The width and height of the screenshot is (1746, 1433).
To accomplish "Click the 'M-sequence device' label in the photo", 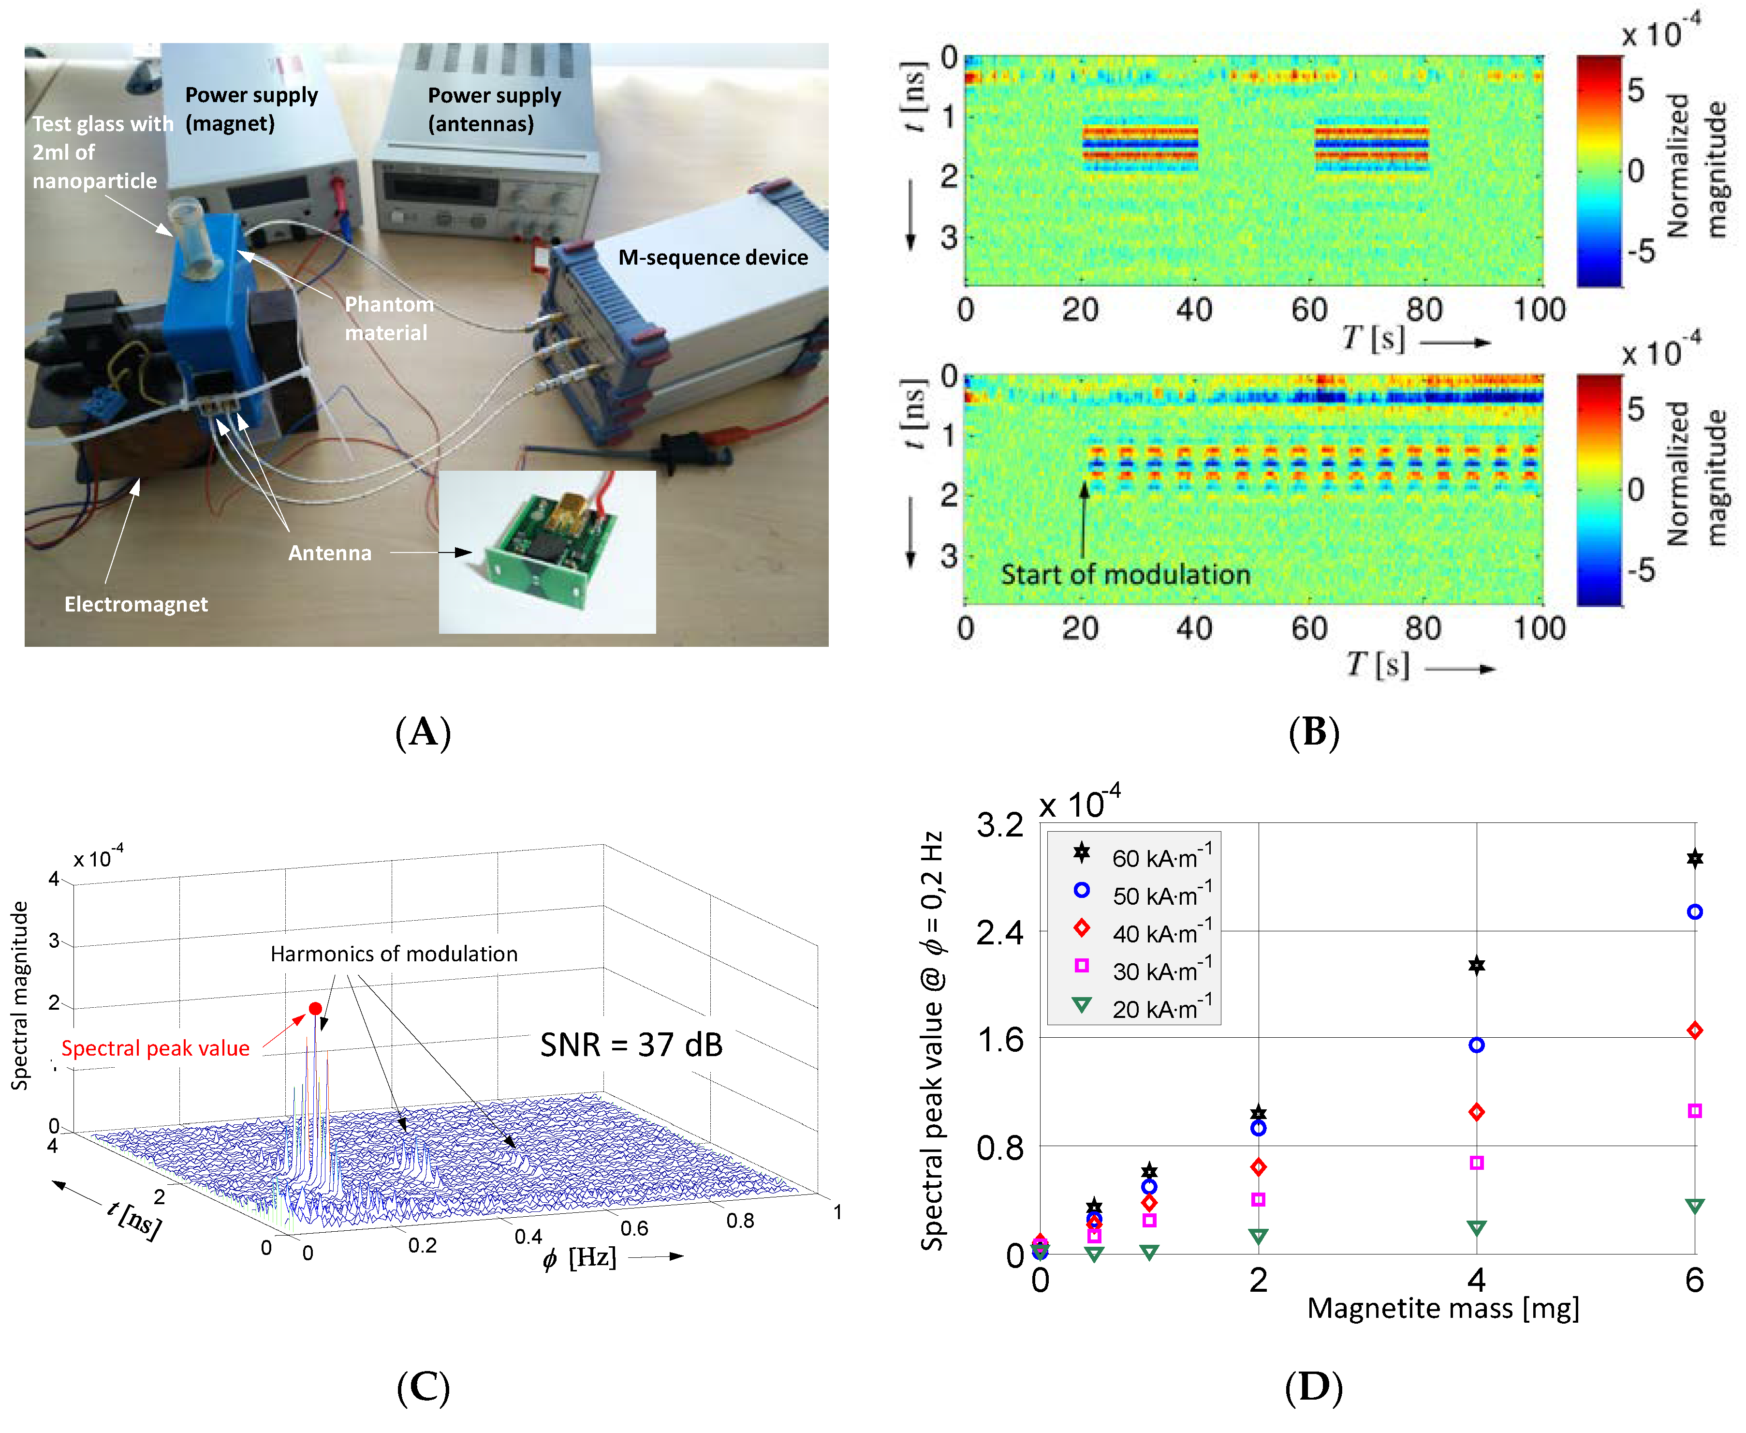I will point(713,257).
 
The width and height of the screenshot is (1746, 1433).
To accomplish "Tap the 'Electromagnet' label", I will point(136,604).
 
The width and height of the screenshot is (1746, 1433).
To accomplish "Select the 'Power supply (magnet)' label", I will point(251,109).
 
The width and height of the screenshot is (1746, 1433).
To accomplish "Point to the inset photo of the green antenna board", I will point(547,552).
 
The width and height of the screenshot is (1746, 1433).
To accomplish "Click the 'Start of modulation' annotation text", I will point(1126,575).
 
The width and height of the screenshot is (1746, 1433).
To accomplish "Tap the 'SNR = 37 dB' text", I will point(631,1045).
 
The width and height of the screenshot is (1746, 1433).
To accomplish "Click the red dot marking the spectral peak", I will point(315,1009).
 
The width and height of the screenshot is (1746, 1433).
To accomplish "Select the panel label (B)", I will point(1314,732).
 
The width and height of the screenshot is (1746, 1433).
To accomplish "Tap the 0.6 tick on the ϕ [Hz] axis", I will point(634,1228).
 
